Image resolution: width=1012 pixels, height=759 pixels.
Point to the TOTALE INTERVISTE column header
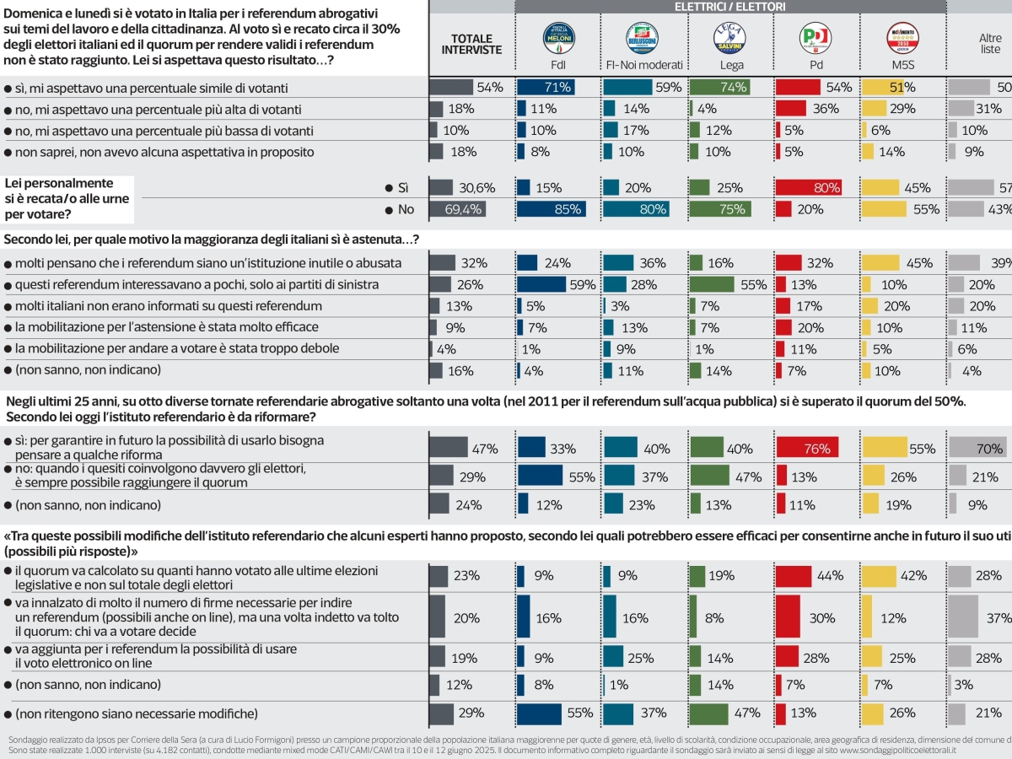click(471, 44)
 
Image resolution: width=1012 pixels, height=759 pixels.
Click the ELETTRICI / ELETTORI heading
click(729, 7)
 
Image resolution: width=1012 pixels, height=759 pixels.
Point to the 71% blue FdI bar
click(546, 87)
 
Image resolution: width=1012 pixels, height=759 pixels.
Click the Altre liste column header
click(990, 44)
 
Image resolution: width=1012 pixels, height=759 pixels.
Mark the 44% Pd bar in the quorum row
click(794, 576)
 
